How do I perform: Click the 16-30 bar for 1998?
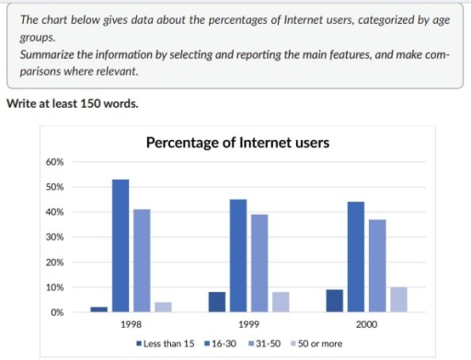coord(121,246)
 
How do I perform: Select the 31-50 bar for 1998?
coord(142,261)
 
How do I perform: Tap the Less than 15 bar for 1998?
coord(98,309)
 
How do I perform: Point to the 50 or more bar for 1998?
coord(163,308)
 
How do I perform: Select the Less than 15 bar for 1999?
coord(217,302)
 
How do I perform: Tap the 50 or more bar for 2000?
coord(397,300)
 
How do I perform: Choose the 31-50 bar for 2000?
coord(376,266)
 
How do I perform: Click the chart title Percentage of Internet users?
coord(237,143)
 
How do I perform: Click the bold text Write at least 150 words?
coord(73,103)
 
